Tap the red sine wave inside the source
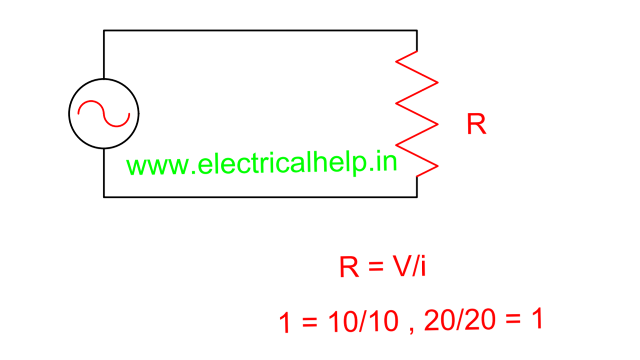103,113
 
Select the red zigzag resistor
417,113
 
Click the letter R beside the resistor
476,124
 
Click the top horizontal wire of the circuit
260,30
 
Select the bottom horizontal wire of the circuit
260,197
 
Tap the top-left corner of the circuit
104,30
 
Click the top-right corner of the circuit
417,30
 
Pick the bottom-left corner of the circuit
104,197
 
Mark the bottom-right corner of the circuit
417,197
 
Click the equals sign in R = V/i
374,268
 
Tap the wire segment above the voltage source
104,54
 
